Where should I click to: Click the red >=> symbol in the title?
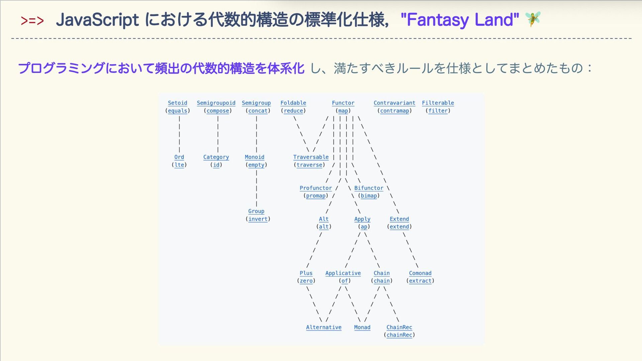(32, 21)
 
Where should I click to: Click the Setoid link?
(177, 103)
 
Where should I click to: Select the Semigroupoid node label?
(216, 103)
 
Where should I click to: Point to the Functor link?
(343, 103)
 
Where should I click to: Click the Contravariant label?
(394, 103)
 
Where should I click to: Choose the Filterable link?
(438, 103)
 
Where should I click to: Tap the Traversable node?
(311, 157)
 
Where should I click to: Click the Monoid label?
(254, 157)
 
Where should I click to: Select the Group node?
(256, 211)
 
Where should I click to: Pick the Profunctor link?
(316, 188)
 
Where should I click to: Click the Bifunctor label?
(368, 188)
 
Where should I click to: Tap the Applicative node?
(343, 273)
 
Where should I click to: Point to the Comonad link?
(420, 273)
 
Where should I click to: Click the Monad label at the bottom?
(362, 327)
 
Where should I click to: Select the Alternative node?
(324, 327)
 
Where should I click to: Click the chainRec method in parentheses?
(399, 335)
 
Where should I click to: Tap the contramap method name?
(395, 111)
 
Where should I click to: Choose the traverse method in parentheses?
(309, 165)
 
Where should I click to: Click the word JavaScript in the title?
(97, 20)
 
